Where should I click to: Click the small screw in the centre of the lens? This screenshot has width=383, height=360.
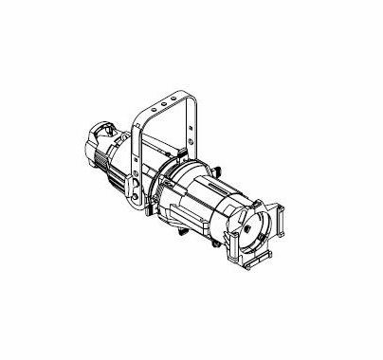[x=246, y=227]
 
